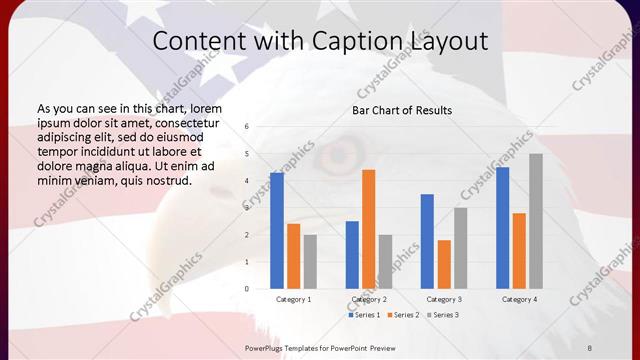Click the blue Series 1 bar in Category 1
tap(277, 231)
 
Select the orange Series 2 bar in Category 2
tap(369, 229)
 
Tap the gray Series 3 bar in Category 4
tap(536, 221)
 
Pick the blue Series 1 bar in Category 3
tap(427, 241)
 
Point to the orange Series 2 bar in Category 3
tap(444, 264)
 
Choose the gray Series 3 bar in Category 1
tap(310, 262)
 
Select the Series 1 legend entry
tap(364, 315)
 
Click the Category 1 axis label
tap(293, 299)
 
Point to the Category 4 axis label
tap(519, 299)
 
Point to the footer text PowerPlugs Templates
tap(285, 347)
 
